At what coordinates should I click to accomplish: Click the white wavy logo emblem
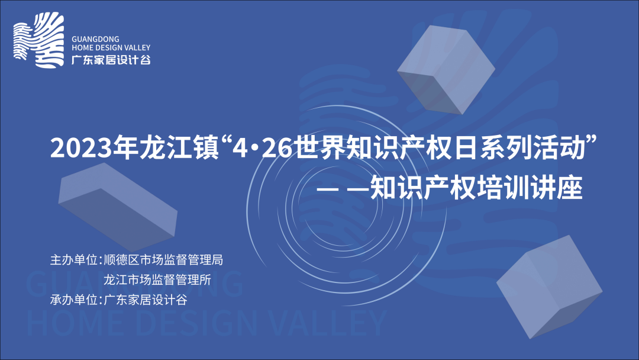(38, 40)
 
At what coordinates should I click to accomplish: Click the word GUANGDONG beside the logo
(95, 39)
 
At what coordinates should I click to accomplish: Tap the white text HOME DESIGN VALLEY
(111, 48)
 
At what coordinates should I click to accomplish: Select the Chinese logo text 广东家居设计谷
(111, 60)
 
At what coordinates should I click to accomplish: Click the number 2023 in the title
(80, 148)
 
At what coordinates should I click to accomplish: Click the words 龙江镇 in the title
(180, 147)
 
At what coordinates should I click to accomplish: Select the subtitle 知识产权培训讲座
(476, 188)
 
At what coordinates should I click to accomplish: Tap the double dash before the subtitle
(343, 189)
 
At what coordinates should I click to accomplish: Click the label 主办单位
(74, 260)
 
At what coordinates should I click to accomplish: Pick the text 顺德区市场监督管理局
(163, 260)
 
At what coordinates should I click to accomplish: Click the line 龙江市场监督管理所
(157, 279)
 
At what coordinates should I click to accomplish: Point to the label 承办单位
(74, 300)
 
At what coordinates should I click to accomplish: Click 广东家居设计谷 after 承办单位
(146, 300)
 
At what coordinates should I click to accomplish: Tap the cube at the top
(446, 69)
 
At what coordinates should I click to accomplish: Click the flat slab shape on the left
(118, 207)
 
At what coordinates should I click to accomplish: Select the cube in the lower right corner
(549, 287)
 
